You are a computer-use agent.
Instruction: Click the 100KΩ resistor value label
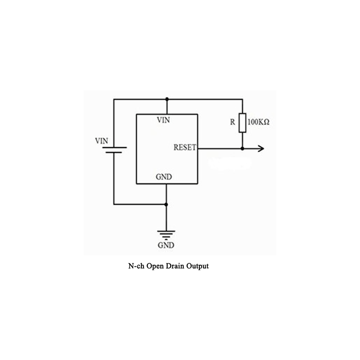(x=259, y=122)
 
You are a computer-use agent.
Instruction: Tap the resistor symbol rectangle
(x=243, y=123)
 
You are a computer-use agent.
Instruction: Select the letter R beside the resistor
(x=233, y=122)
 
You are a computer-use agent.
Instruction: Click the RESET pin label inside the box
(x=184, y=147)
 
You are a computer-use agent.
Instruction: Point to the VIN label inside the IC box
(x=163, y=120)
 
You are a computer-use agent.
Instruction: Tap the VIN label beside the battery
(x=102, y=140)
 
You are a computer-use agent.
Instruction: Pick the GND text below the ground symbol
(x=166, y=246)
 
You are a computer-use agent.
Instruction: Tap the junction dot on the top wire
(x=166, y=99)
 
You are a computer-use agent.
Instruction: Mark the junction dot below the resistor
(x=243, y=148)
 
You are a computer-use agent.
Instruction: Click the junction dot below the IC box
(x=166, y=204)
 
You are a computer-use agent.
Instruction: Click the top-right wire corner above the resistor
(x=243, y=99)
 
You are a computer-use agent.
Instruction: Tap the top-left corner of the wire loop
(x=114, y=99)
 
